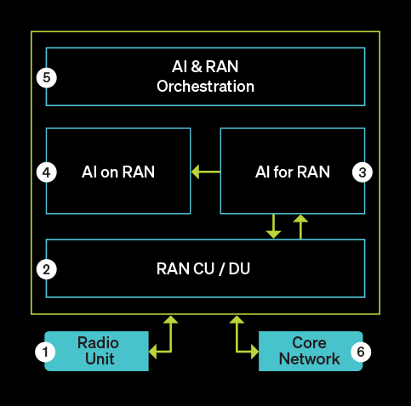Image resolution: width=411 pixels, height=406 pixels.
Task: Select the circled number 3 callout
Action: point(362,172)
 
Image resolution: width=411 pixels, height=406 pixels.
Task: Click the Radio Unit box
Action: point(97,351)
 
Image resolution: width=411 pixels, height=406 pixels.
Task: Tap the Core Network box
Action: point(310,351)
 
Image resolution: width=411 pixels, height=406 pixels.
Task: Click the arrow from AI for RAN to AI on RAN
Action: point(205,172)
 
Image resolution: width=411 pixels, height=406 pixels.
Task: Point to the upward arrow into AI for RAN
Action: point(300,226)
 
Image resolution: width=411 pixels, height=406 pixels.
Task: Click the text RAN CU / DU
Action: point(204,269)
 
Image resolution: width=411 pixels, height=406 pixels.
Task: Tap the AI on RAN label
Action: point(118,172)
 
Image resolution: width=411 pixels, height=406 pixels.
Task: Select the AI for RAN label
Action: point(292,172)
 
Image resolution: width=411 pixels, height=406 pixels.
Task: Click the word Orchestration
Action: point(205,86)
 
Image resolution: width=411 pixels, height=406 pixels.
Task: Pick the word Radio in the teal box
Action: point(98,343)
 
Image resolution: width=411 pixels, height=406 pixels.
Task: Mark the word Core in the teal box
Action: point(310,343)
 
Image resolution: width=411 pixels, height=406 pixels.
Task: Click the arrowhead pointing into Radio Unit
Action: point(154,351)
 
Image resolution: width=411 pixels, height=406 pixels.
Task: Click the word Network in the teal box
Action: point(310,358)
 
